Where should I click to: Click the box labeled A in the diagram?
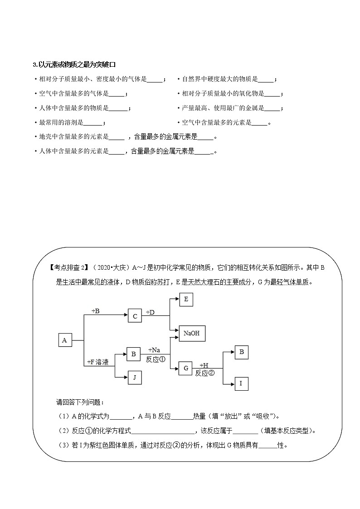point(65,340)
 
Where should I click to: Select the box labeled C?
point(135,316)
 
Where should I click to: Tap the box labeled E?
point(186,300)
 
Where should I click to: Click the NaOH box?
point(192,333)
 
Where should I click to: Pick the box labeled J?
point(134,377)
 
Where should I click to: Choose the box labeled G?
point(185,368)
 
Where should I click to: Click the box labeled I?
point(241,383)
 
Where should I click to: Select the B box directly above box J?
point(134,354)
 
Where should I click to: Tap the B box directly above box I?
point(241,352)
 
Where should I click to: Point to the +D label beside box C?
point(151,312)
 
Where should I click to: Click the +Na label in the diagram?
point(154,350)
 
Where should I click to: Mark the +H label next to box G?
point(204,365)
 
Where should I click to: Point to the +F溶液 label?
point(98,362)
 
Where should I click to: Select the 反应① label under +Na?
point(156,359)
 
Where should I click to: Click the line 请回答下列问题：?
point(79,402)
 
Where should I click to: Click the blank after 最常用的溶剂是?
point(93,122)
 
